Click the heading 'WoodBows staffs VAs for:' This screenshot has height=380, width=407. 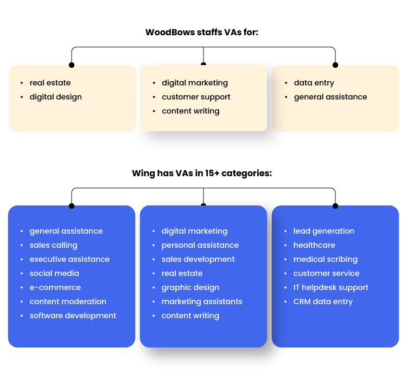202,32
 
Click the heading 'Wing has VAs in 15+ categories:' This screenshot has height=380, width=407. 202,173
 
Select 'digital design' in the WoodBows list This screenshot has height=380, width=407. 55,97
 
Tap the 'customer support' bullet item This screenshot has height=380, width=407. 196,97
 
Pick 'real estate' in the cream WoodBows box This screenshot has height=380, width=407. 50,83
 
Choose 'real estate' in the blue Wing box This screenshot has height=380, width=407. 182,273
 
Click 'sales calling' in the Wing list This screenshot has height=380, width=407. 53,245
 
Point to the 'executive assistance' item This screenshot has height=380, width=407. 69,259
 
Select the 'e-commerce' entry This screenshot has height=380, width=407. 55,287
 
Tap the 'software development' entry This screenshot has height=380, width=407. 73,315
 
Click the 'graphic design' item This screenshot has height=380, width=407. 190,287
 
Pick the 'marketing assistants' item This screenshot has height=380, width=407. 202,301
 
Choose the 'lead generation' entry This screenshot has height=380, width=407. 324,231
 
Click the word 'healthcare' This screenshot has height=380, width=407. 314,245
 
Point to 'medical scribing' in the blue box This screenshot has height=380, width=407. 326,259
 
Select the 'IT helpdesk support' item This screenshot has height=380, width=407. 331,287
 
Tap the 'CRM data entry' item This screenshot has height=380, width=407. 323,301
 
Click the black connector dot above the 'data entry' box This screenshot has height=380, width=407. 335,65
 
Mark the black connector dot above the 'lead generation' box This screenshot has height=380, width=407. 335,206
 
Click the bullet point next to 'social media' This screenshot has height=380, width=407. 22,273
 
